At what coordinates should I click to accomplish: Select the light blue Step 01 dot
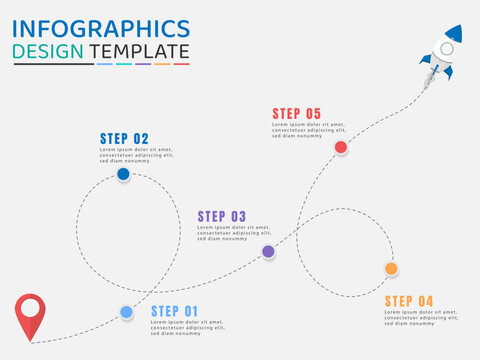(126, 312)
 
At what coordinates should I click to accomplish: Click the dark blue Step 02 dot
(123, 174)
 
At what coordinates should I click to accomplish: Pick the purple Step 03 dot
(268, 252)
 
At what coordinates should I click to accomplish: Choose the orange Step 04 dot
(391, 268)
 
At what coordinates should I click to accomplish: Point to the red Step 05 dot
(341, 147)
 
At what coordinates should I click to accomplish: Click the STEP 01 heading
(175, 311)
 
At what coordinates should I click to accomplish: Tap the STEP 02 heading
(124, 139)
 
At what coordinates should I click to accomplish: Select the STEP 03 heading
(221, 216)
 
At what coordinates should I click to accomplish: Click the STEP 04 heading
(409, 301)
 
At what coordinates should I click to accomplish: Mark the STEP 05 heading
(297, 114)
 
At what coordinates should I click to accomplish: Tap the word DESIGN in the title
(48, 51)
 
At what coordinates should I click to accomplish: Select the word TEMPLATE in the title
(139, 51)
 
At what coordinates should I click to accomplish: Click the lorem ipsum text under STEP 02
(136, 155)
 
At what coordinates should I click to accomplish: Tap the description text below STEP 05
(309, 130)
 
